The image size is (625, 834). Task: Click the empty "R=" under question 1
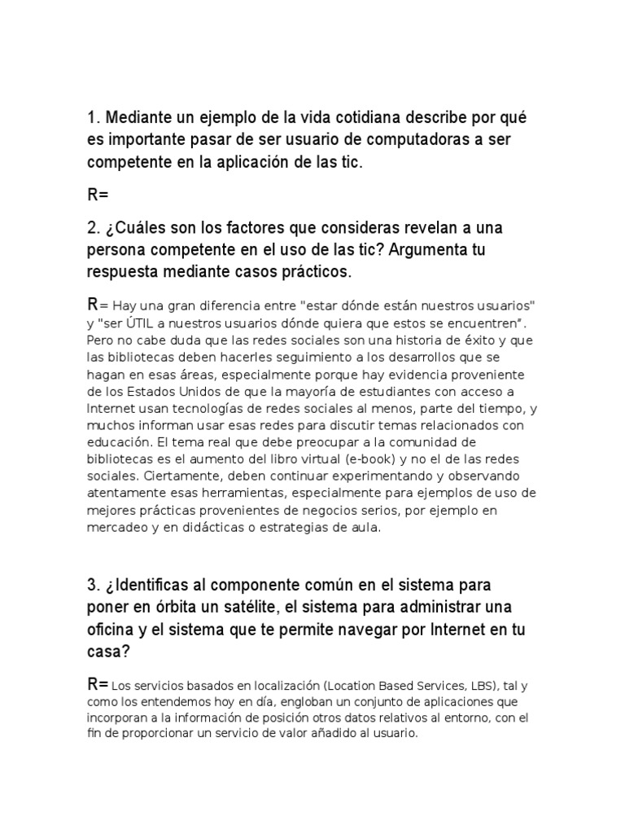98,195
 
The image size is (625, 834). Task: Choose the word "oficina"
112,630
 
